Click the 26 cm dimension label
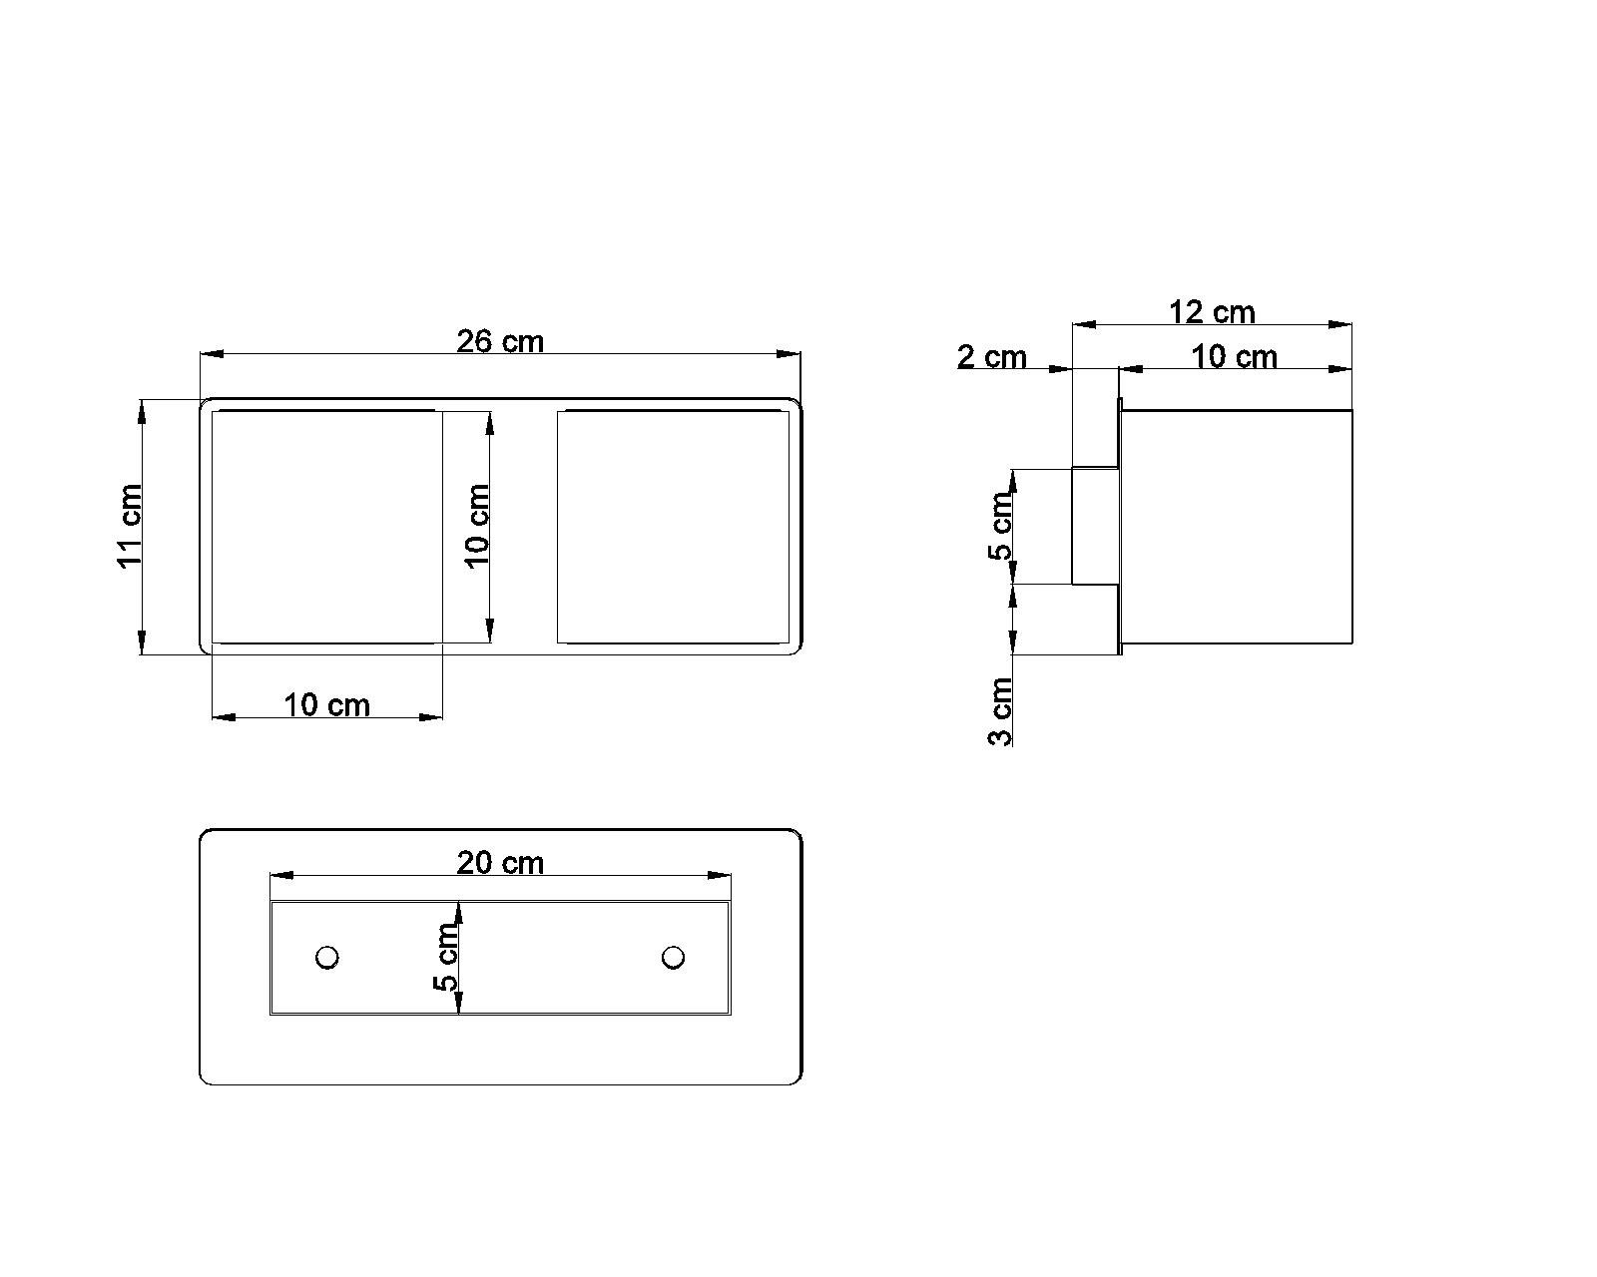click(x=500, y=341)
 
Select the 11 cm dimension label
click(x=130, y=526)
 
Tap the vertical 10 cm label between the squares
click(x=477, y=526)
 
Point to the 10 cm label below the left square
click(x=326, y=705)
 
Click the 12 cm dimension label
click(x=1212, y=311)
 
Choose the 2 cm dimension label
click(x=991, y=357)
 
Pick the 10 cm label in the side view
click(x=1234, y=357)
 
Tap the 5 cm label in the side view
click(x=1000, y=526)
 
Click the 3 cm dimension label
click(x=1000, y=711)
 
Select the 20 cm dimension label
click(x=500, y=863)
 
